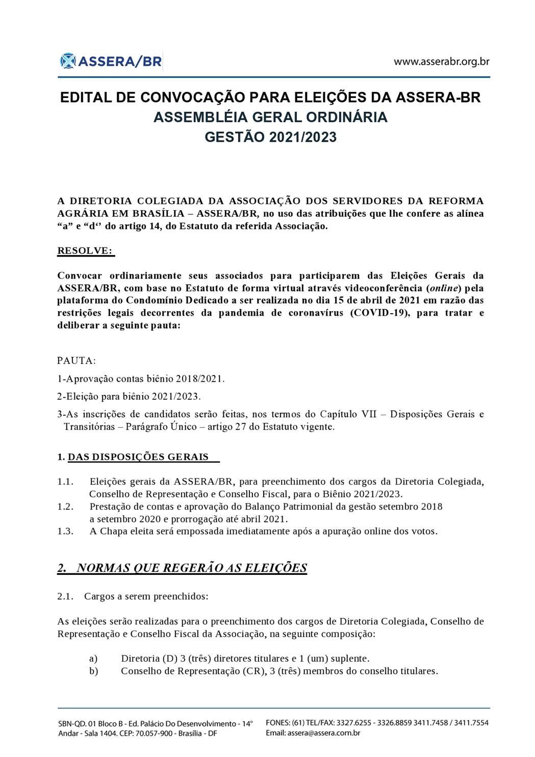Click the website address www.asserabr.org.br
pyautogui.click(x=442, y=62)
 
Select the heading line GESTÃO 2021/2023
pyautogui.click(x=270, y=137)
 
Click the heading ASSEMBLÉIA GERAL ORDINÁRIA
pyautogui.click(x=270, y=117)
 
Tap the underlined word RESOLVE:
pyautogui.click(x=86, y=251)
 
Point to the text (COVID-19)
pyautogui.click(x=379, y=313)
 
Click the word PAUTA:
pyautogui.click(x=77, y=361)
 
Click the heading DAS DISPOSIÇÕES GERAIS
pyautogui.click(x=138, y=457)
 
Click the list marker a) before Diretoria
pyautogui.click(x=93, y=659)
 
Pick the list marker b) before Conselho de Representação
pyautogui.click(x=93, y=671)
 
